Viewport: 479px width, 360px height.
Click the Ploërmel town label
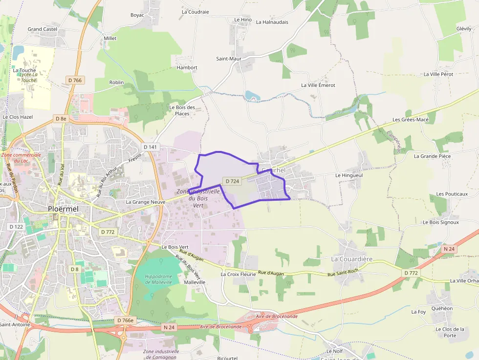click(64, 209)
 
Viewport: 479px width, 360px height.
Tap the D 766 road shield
click(75, 80)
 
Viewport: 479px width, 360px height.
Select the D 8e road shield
click(61, 119)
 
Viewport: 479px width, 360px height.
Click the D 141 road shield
click(151, 147)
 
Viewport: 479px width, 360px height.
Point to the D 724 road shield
click(232, 181)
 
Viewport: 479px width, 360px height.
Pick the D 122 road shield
click(16, 227)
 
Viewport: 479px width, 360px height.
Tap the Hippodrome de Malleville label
click(158, 279)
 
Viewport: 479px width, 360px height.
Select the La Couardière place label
click(352, 258)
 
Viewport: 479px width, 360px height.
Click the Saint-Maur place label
click(229, 59)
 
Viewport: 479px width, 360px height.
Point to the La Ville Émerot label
click(318, 85)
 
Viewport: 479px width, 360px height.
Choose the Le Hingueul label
click(349, 175)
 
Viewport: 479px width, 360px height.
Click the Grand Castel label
click(43, 29)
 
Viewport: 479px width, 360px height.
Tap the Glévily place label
click(464, 29)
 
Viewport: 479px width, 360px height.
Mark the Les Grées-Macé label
click(411, 120)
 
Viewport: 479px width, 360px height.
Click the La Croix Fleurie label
click(239, 275)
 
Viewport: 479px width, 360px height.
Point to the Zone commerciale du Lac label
click(21, 158)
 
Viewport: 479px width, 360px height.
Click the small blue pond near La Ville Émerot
click(252, 96)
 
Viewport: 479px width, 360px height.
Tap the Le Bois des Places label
click(182, 110)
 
